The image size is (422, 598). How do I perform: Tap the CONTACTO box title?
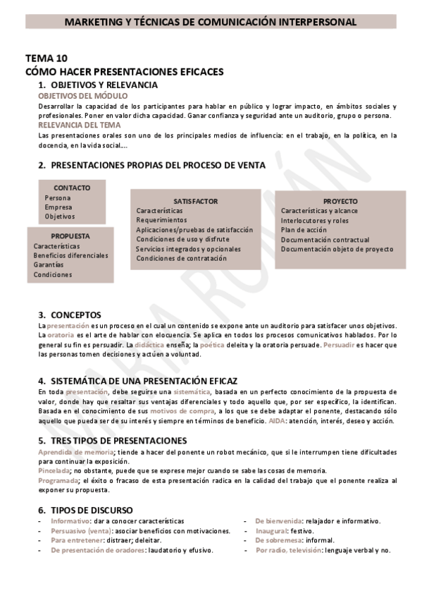pos(72,188)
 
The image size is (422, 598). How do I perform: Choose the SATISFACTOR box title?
pos(195,201)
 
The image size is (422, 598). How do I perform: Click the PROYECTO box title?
pos(340,200)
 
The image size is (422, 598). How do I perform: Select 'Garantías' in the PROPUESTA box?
pos(49,264)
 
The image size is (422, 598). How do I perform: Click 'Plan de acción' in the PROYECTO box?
pos(304,230)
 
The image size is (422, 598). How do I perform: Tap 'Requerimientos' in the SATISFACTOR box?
pos(161,220)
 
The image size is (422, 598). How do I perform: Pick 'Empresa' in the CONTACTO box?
pos(58,207)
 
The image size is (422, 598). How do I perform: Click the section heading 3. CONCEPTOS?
pos(70,315)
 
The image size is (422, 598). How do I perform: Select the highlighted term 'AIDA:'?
pos(278,420)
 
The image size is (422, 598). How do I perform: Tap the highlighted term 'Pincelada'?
pos(54,469)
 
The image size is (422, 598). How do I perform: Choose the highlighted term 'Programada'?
pos(56,480)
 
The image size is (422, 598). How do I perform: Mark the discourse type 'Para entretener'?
pos(75,540)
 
